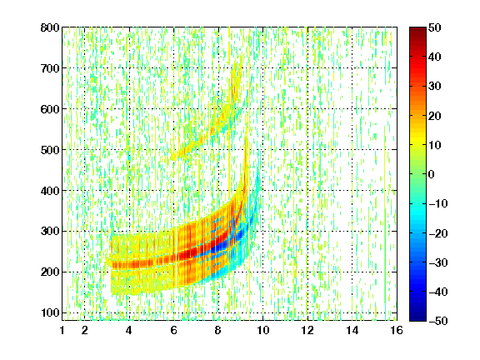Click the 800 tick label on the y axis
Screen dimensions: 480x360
tap(50, 27)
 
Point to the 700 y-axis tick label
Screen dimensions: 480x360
tap(50, 68)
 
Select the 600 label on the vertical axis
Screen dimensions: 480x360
tap(50, 109)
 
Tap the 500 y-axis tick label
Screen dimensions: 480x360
tap(50, 150)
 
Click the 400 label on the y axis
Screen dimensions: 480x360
tap(50, 191)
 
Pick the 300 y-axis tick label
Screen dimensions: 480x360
tap(50, 232)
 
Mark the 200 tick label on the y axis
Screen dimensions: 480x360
tap(50, 272)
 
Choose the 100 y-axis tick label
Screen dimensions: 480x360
tap(50, 312)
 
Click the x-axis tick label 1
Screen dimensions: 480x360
tap(62, 330)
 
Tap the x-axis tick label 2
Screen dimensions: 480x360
tap(85, 330)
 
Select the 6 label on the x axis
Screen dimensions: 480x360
tap(174, 330)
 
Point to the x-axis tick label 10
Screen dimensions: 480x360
tap(262, 330)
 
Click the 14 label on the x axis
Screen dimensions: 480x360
tap(352, 330)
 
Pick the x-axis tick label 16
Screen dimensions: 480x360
tap(397, 330)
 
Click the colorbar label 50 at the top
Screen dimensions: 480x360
tap(435, 27)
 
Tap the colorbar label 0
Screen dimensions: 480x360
tap(432, 174)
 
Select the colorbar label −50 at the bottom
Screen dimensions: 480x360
tap(438, 321)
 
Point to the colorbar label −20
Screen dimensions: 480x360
tap(438, 233)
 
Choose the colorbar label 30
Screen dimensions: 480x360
tap(435, 87)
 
